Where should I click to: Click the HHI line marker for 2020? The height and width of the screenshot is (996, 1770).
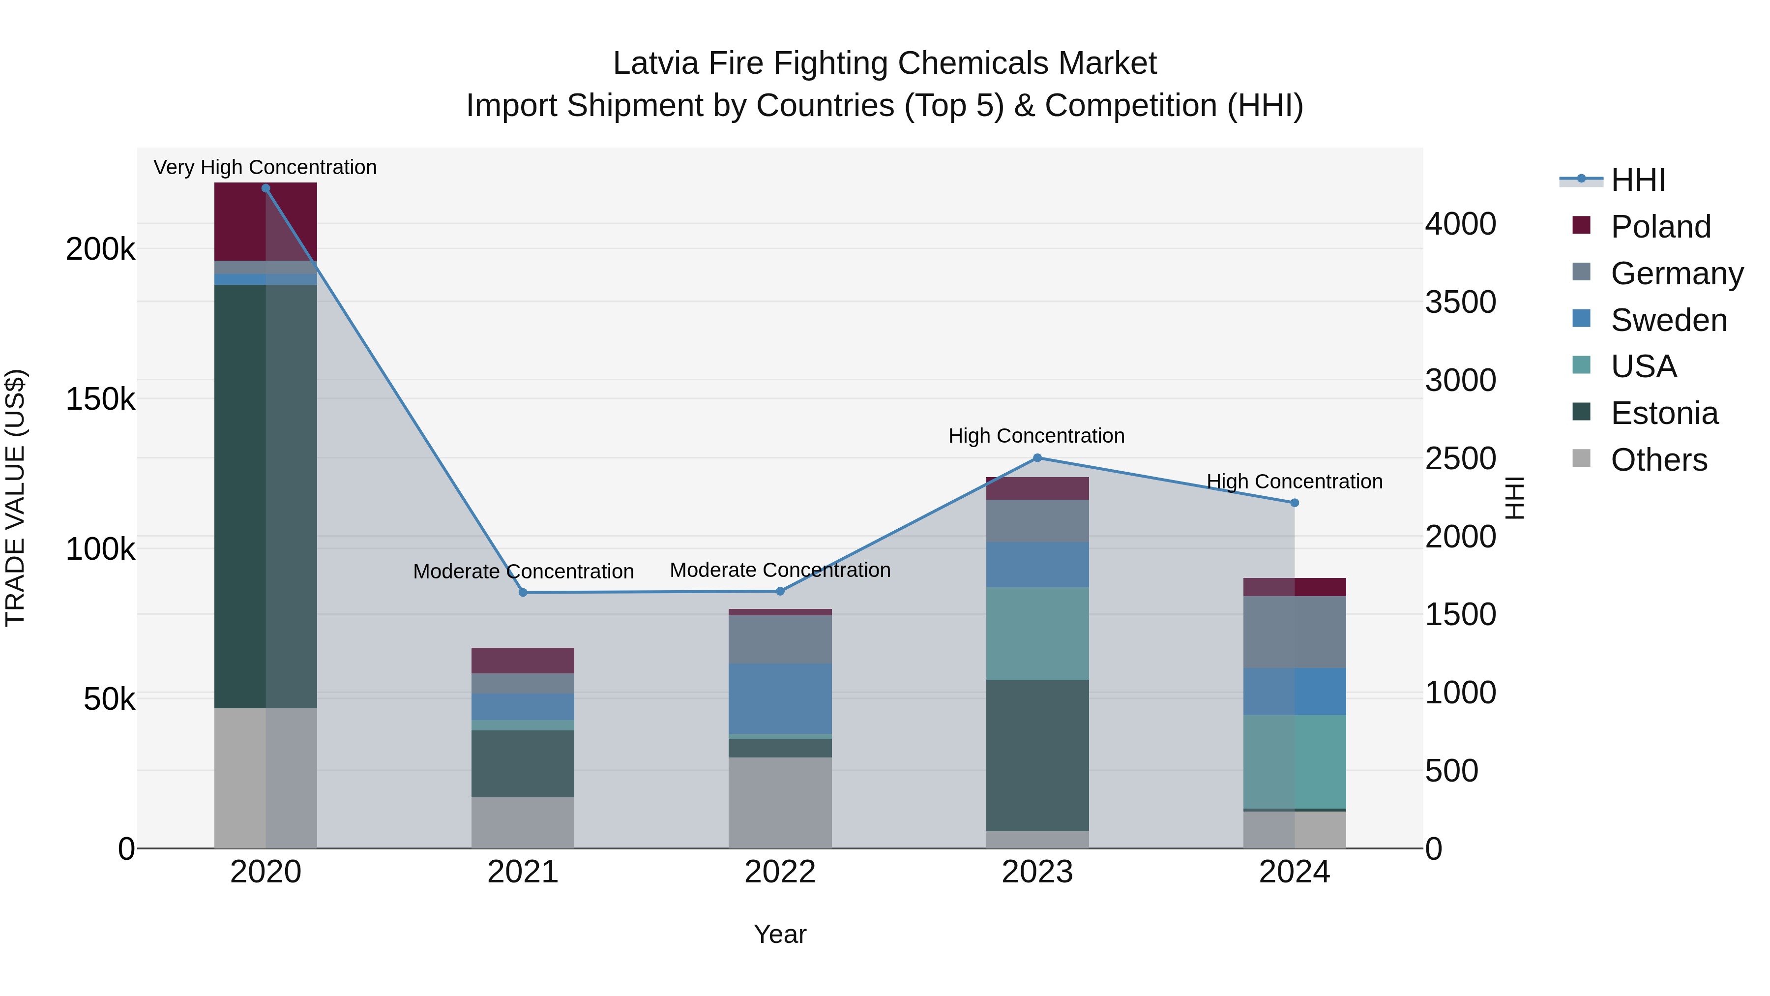tap(266, 188)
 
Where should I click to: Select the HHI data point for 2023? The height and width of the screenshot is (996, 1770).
tap(1037, 458)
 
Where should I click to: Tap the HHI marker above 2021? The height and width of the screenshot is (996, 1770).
tap(523, 593)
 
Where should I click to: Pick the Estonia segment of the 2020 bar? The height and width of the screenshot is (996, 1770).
tap(266, 495)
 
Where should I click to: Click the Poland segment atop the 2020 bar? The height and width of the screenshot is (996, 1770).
tap(266, 221)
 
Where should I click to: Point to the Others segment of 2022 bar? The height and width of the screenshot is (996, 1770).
tap(780, 802)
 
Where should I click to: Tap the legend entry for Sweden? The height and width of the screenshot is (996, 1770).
tap(1668, 320)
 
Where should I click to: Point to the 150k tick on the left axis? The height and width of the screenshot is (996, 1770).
tap(100, 399)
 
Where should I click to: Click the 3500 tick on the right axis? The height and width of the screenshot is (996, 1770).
tap(1460, 302)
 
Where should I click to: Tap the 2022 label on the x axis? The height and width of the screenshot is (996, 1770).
tap(780, 872)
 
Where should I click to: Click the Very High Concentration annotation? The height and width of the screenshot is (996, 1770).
tap(265, 167)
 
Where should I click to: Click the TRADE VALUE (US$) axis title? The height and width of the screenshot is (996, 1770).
tap(15, 498)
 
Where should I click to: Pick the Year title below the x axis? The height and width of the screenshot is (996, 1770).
tap(780, 934)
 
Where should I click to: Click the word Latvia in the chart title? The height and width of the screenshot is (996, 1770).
tap(655, 63)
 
